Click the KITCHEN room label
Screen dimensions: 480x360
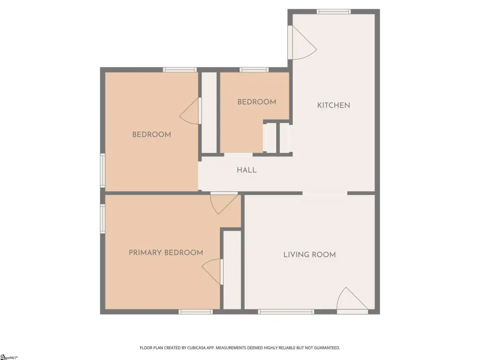click(333, 105)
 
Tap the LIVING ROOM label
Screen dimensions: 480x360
click(309, 255)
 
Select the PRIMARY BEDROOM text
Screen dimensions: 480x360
click(166, 253)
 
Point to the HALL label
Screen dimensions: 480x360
click(247, 170)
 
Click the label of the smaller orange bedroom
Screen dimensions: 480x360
click(256, 102)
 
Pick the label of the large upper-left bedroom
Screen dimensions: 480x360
click(151, 135)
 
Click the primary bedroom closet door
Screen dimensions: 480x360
click(212, 271)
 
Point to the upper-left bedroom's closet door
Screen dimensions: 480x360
click(190, 111)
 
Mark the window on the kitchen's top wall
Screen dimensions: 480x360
click(333, 12)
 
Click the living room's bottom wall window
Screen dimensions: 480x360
click(286, 312)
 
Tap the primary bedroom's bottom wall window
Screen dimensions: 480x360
click(195, 312)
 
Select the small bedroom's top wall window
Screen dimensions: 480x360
click(254, 70)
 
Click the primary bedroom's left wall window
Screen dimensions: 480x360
click(103, 218)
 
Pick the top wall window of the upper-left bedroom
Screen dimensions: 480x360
click(180, 70)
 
